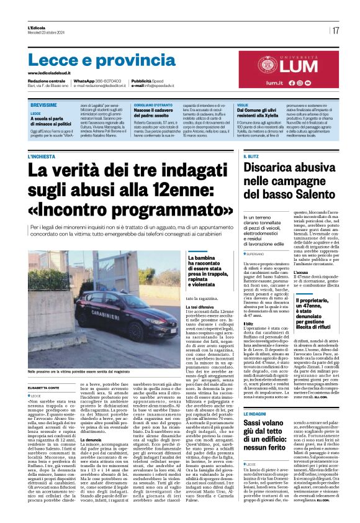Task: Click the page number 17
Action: click(335, 30)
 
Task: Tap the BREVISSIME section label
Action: click(43, 106)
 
